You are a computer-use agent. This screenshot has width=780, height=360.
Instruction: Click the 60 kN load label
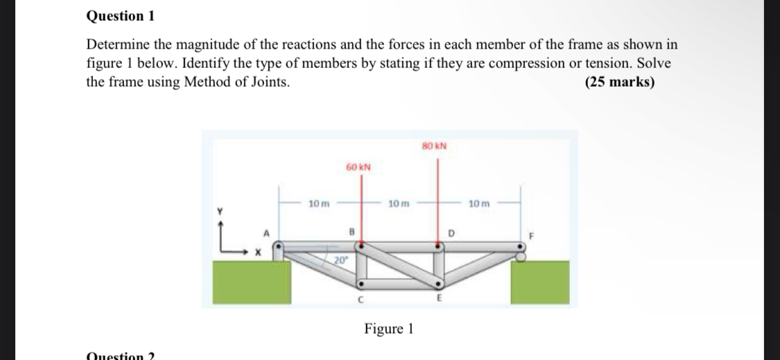coord(358,167)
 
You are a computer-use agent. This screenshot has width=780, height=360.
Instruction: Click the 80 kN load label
coord(434,146)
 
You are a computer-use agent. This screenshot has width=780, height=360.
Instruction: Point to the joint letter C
coord(360,300)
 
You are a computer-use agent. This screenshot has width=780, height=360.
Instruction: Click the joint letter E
coord(437,299)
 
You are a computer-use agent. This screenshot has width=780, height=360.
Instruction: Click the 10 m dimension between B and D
coord(399,204)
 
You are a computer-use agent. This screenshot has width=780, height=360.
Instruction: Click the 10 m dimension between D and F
coord(479,204)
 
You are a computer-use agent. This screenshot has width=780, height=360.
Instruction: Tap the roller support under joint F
coord(521,257)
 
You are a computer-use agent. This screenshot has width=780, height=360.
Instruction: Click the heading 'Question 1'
coord(115,15)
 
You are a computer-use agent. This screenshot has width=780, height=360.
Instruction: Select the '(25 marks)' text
coord(619,82)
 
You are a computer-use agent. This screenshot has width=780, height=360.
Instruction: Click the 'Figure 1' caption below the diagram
coord(389,329)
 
